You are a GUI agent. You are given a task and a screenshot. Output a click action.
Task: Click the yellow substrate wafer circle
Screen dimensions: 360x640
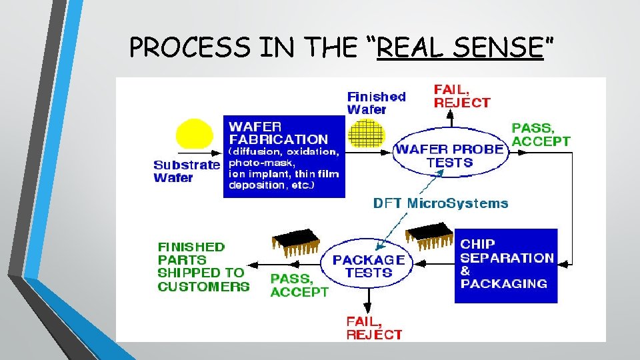click(195, 135)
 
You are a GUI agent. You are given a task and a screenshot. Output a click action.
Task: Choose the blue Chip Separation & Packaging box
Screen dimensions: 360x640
click(506, 265)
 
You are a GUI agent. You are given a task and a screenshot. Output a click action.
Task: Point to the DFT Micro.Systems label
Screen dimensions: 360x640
click(440, 203)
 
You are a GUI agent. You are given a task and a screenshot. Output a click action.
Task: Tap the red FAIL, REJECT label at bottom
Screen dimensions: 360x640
click(374, 328)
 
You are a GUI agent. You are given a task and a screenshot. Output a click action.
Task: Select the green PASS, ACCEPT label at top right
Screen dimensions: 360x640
click(541, 134)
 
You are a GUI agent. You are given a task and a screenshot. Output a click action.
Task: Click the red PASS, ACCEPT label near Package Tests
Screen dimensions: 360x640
click(299, 285)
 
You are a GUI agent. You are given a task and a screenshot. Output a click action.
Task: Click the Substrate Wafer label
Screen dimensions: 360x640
click(186, 171)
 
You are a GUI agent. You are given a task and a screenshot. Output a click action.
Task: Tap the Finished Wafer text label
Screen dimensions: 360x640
click(376, 102)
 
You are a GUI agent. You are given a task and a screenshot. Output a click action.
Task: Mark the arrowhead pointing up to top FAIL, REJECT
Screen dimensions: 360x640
click(450, 115)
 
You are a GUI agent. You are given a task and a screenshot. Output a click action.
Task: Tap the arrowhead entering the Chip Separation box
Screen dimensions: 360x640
click(562, 264)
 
